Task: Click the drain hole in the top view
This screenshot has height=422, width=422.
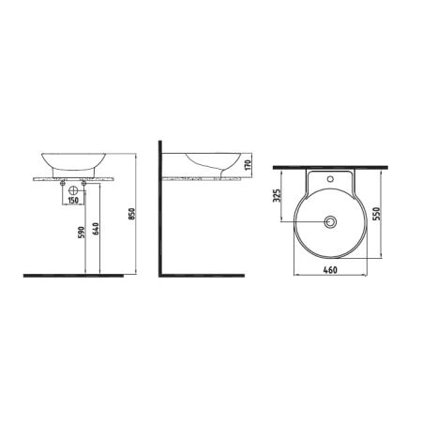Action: pos(329,222)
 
